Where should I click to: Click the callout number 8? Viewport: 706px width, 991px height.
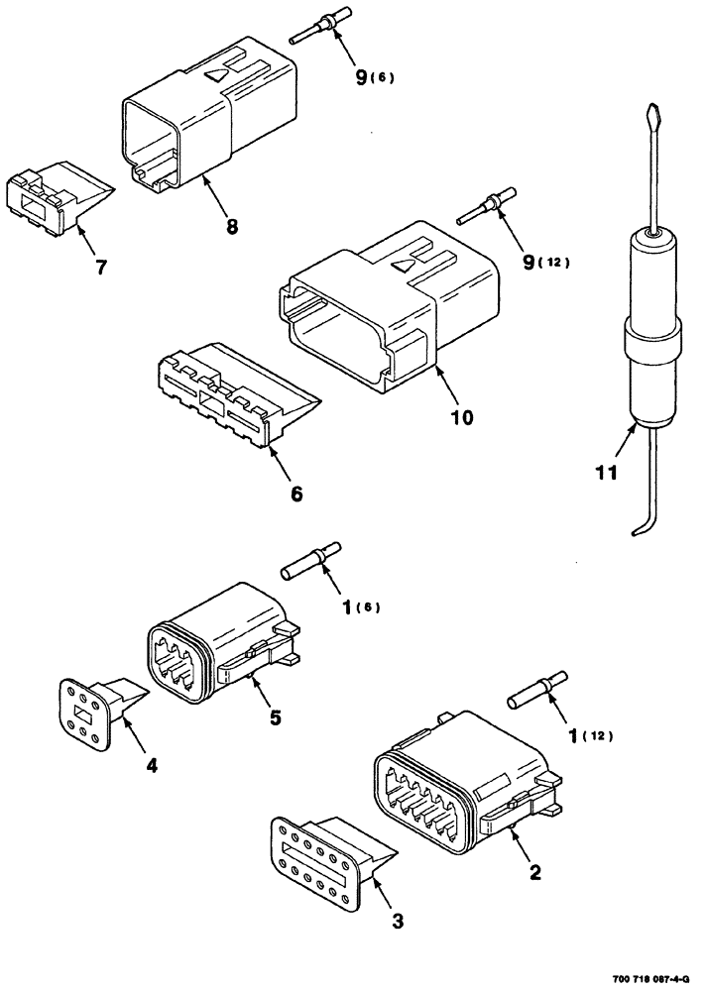pyautogui.click(x=231, y=226)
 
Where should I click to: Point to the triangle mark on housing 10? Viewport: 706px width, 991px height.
pyautogui.click(x=403, y=266)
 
